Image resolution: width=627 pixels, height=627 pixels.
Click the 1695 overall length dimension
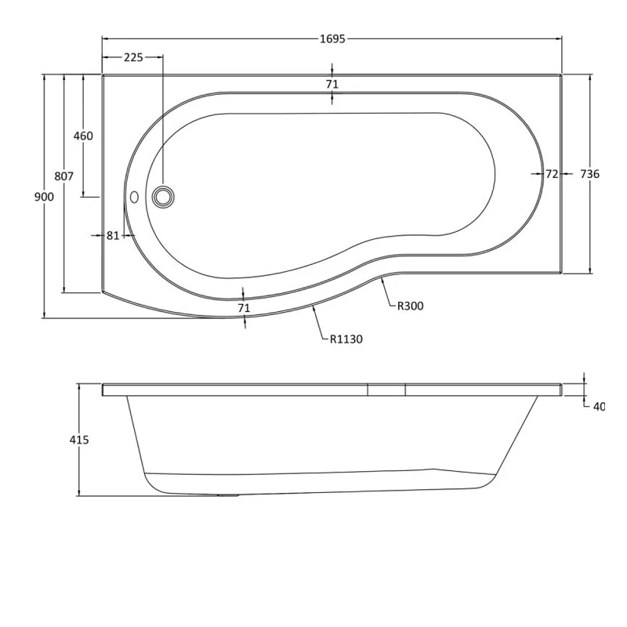332,38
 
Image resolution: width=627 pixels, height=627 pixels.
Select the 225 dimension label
133,57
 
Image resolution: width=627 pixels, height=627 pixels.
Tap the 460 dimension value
82,136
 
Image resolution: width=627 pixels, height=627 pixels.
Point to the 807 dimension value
64,176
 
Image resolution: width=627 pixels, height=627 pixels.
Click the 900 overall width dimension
44,197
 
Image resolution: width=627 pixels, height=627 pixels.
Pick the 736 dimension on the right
589,174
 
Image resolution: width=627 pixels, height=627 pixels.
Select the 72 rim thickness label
552,174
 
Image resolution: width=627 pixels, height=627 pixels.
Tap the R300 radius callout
410,306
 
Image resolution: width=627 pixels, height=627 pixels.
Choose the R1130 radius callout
346,339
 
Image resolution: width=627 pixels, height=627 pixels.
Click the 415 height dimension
79,440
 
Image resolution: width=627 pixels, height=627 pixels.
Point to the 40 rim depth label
599,406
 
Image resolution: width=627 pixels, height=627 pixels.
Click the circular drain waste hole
163,197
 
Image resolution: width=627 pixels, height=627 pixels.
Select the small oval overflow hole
133,197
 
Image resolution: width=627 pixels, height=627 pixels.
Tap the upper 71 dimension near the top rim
332,84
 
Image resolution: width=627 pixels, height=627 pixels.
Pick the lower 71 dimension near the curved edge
244,308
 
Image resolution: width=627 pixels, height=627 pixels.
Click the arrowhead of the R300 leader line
382,280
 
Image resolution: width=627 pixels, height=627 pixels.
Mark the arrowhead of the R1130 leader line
313,308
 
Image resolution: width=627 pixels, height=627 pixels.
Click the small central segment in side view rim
386,389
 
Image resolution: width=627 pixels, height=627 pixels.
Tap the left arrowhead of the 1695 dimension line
105,38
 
